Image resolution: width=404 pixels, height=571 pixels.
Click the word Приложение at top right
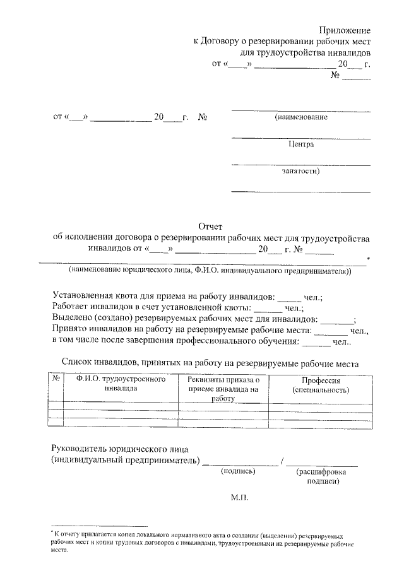click(345, 30)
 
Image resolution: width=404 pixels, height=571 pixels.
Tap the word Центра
click(301, 144)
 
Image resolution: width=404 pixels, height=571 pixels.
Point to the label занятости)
click(300, 170)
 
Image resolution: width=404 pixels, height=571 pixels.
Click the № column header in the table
click(56, 380)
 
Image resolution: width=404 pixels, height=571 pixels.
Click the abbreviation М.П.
click(240, 497)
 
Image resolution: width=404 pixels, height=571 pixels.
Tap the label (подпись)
click(237, 471)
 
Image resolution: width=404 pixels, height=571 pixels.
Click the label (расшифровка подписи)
click(321, 476)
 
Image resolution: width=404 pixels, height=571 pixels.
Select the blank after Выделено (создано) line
click(342, 321)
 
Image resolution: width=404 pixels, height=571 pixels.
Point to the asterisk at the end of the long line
click(368, 259)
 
